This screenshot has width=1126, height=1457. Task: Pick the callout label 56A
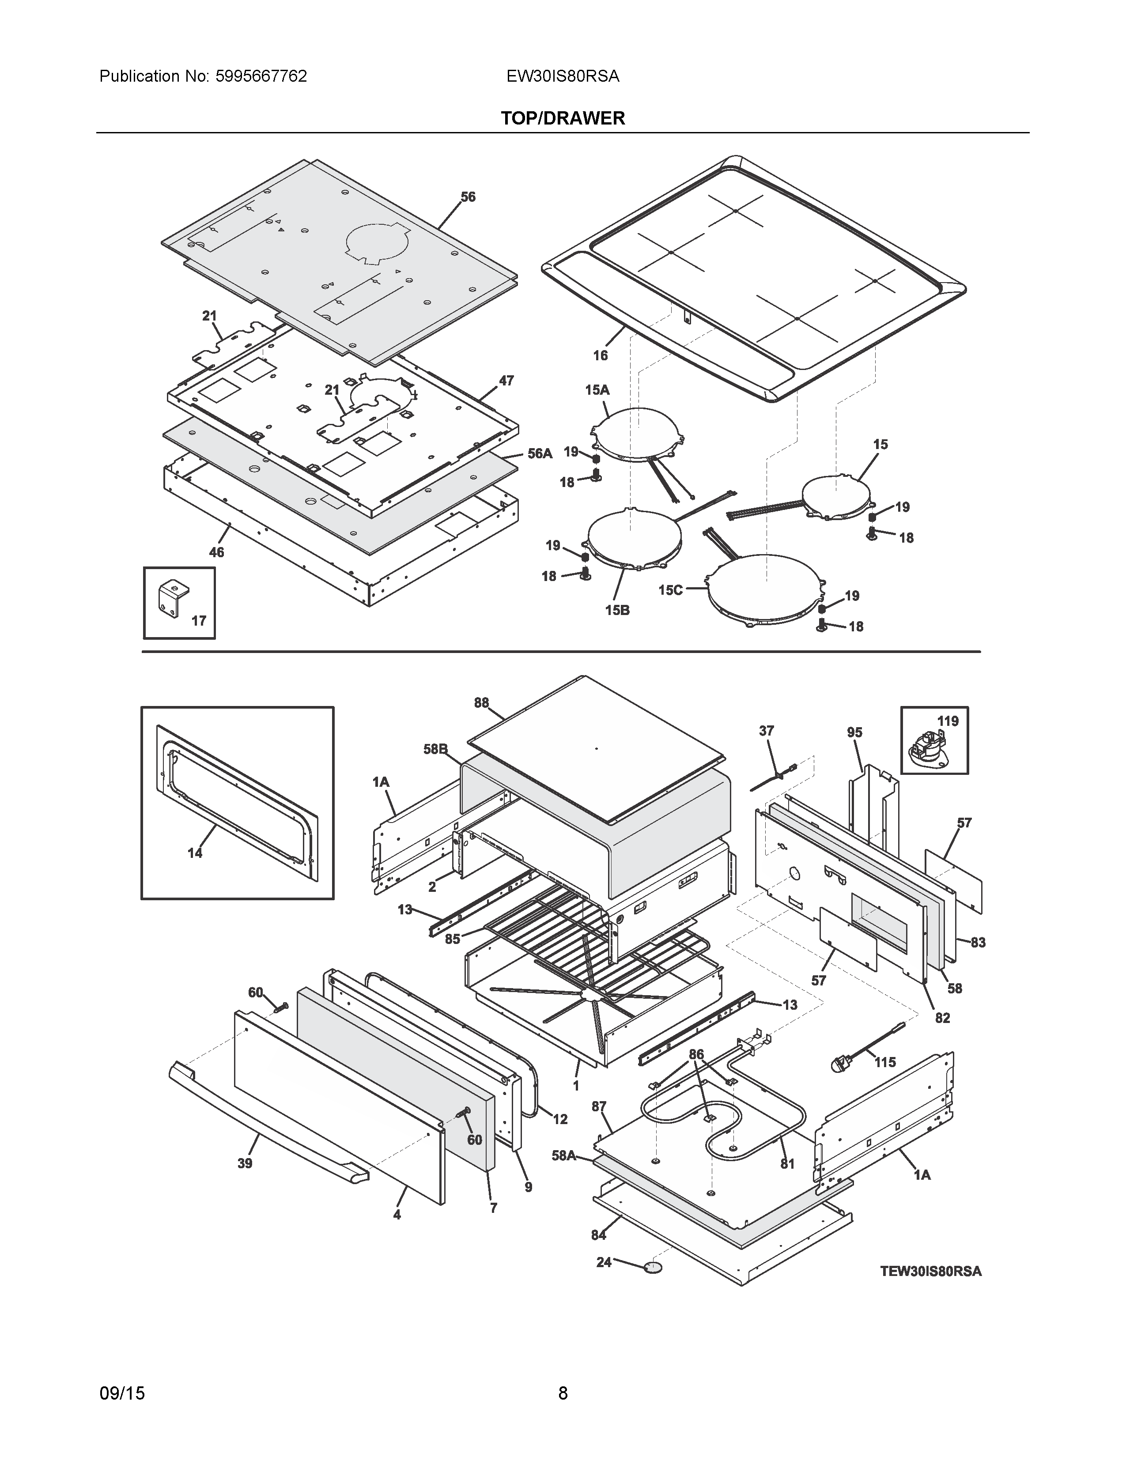540,453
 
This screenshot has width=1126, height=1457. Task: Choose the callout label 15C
670,590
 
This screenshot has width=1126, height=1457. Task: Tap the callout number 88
482,702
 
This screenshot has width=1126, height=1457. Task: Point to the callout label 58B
435,749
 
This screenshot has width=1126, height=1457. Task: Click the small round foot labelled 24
654,1267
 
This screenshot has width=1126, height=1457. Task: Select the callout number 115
885,1062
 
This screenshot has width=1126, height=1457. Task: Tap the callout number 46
217,552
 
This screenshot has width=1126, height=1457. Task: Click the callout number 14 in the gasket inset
195,853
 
